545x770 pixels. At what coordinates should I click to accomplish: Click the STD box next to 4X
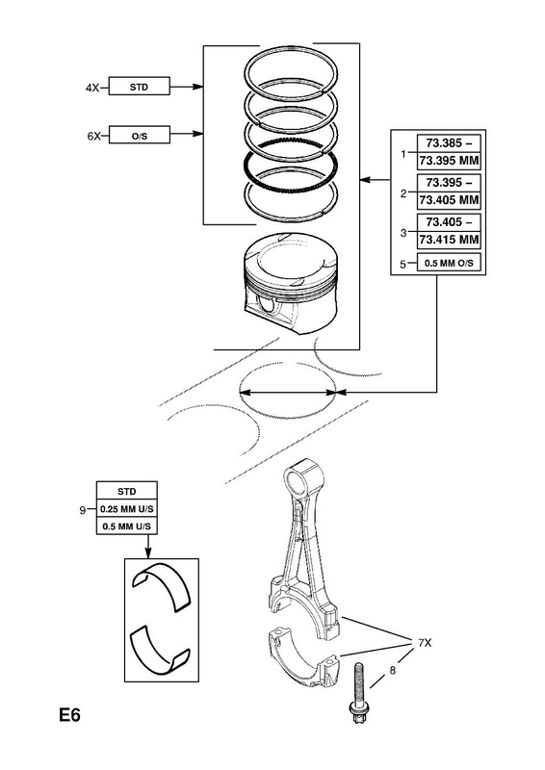(x=139, y=86)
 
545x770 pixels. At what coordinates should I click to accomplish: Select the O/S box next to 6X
(x=139, y=135)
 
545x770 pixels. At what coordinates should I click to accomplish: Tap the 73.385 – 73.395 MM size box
(x=448, y=152)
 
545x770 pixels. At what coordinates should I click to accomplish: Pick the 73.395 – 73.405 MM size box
(x=448, y=192)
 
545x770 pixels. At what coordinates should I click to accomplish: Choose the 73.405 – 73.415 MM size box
(x=448, y=231)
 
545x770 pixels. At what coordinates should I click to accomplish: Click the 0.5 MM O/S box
(x=448, y=263)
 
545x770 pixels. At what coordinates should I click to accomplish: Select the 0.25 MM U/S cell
(x=127, y=509)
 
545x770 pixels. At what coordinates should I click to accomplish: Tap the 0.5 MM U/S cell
(x=127, y=526)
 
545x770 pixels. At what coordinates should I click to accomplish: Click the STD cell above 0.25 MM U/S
(x=127, y=491)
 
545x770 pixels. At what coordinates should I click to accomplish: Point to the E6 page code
(x=69, y=715)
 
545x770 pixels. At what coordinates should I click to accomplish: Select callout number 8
(x=392, y=670)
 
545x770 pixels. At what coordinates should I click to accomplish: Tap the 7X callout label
(x=424, y=642)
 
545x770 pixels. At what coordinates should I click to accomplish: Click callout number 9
(x=83, y=510)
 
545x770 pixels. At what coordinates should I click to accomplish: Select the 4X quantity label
(x=92, y=88)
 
